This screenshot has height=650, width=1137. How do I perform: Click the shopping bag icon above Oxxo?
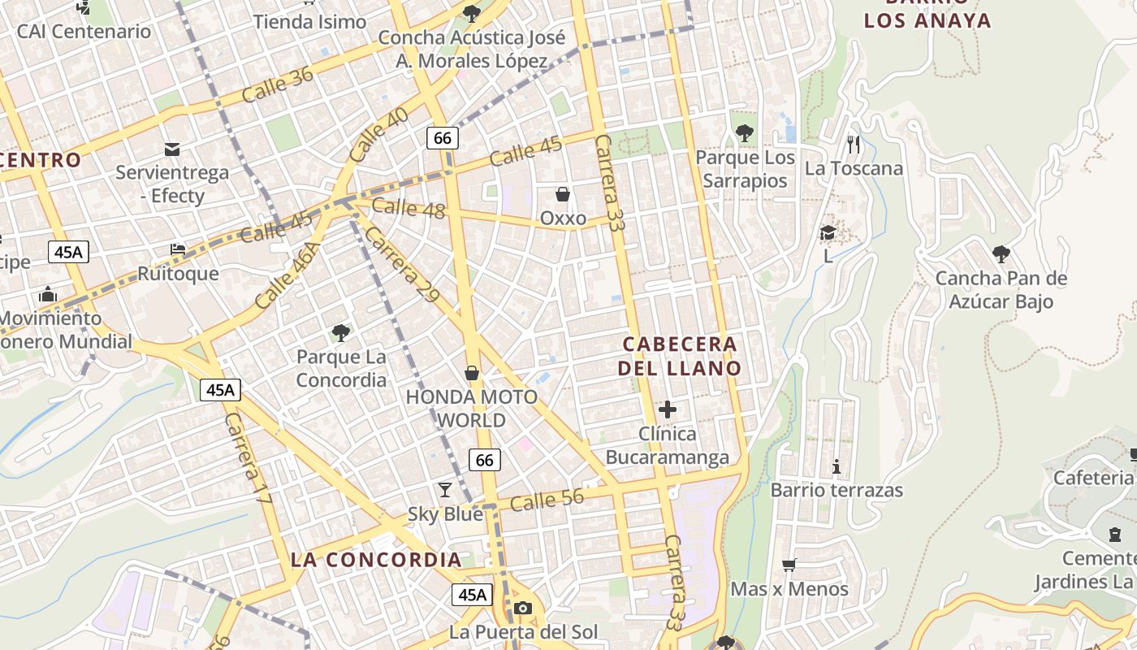(562, 194)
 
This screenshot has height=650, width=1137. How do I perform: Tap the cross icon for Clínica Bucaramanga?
(668, 409)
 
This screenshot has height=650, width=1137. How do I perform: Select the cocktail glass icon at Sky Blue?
(445, 489)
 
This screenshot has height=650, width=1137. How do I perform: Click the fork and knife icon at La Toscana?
(853, 145)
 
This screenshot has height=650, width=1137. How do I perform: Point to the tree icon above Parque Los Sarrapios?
(744, 133)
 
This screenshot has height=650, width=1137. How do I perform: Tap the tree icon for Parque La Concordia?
(341, 332)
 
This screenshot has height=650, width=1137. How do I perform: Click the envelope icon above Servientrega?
(172, 149)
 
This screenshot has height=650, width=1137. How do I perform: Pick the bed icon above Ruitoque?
(178, 249)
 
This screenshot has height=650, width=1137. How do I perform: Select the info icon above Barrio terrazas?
(837, 466)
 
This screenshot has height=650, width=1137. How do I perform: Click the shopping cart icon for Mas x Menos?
(789, 565)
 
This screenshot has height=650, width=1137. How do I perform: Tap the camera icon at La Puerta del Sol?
(523, 608)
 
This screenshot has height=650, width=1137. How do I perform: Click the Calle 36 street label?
(278, 85)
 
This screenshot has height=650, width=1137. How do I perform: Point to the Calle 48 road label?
(409, 208)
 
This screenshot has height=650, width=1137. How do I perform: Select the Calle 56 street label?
(547, 500)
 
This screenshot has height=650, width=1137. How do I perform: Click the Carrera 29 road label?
(402, 265)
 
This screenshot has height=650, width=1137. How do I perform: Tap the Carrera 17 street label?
(247, 458)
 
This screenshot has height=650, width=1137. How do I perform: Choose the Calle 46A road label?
(287, 275)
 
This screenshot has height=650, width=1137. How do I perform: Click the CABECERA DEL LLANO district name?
(680, 356)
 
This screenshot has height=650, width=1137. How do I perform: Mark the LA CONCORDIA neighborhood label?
(376, 560)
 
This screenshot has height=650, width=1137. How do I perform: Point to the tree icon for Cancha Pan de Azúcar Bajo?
(1001, 254)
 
